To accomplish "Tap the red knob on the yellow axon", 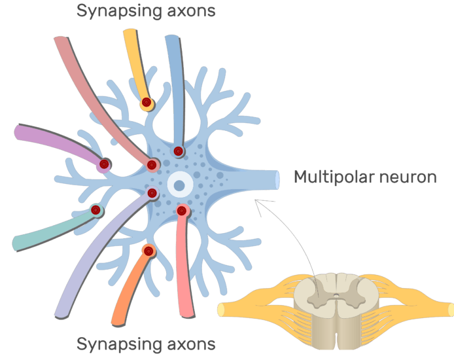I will (x=147, y=102).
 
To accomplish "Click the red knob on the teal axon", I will (x=96, y=210).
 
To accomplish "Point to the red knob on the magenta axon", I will (x=104, y=164).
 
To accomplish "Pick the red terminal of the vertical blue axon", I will (x=178, y=151).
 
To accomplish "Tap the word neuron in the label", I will (x=410, y=177).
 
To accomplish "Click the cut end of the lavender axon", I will (x=61, y=315).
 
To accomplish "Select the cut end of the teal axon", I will (x=16, y=245).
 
